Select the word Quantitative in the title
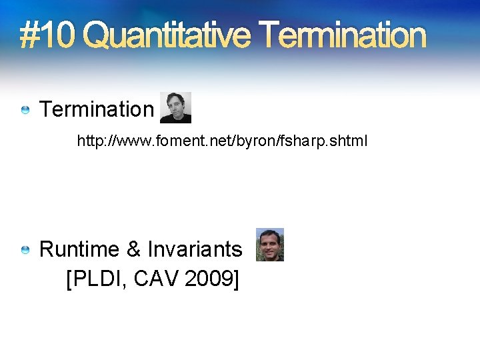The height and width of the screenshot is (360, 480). click(x=167, y=35)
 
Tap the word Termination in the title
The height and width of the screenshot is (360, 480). click(x=342, y=35)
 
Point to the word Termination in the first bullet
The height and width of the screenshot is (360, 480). click(x=97, y=109)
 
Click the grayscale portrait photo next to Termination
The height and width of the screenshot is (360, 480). click(x=175, y=107)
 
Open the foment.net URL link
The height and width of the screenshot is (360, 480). click(x=222, y=141)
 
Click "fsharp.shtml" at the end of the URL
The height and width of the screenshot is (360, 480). click(x=332, y=141)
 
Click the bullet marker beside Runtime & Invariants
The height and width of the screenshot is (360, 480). click(x=25, y=249)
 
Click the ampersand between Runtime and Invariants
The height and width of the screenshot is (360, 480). click(x=133, y=249)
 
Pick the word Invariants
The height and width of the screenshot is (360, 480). click(x=195, y=249)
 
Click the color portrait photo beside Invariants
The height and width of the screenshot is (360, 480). click(x=270, y=245)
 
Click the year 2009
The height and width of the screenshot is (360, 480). click(x=207, y=279)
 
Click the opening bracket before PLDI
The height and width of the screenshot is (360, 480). click(x=71, y=279)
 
